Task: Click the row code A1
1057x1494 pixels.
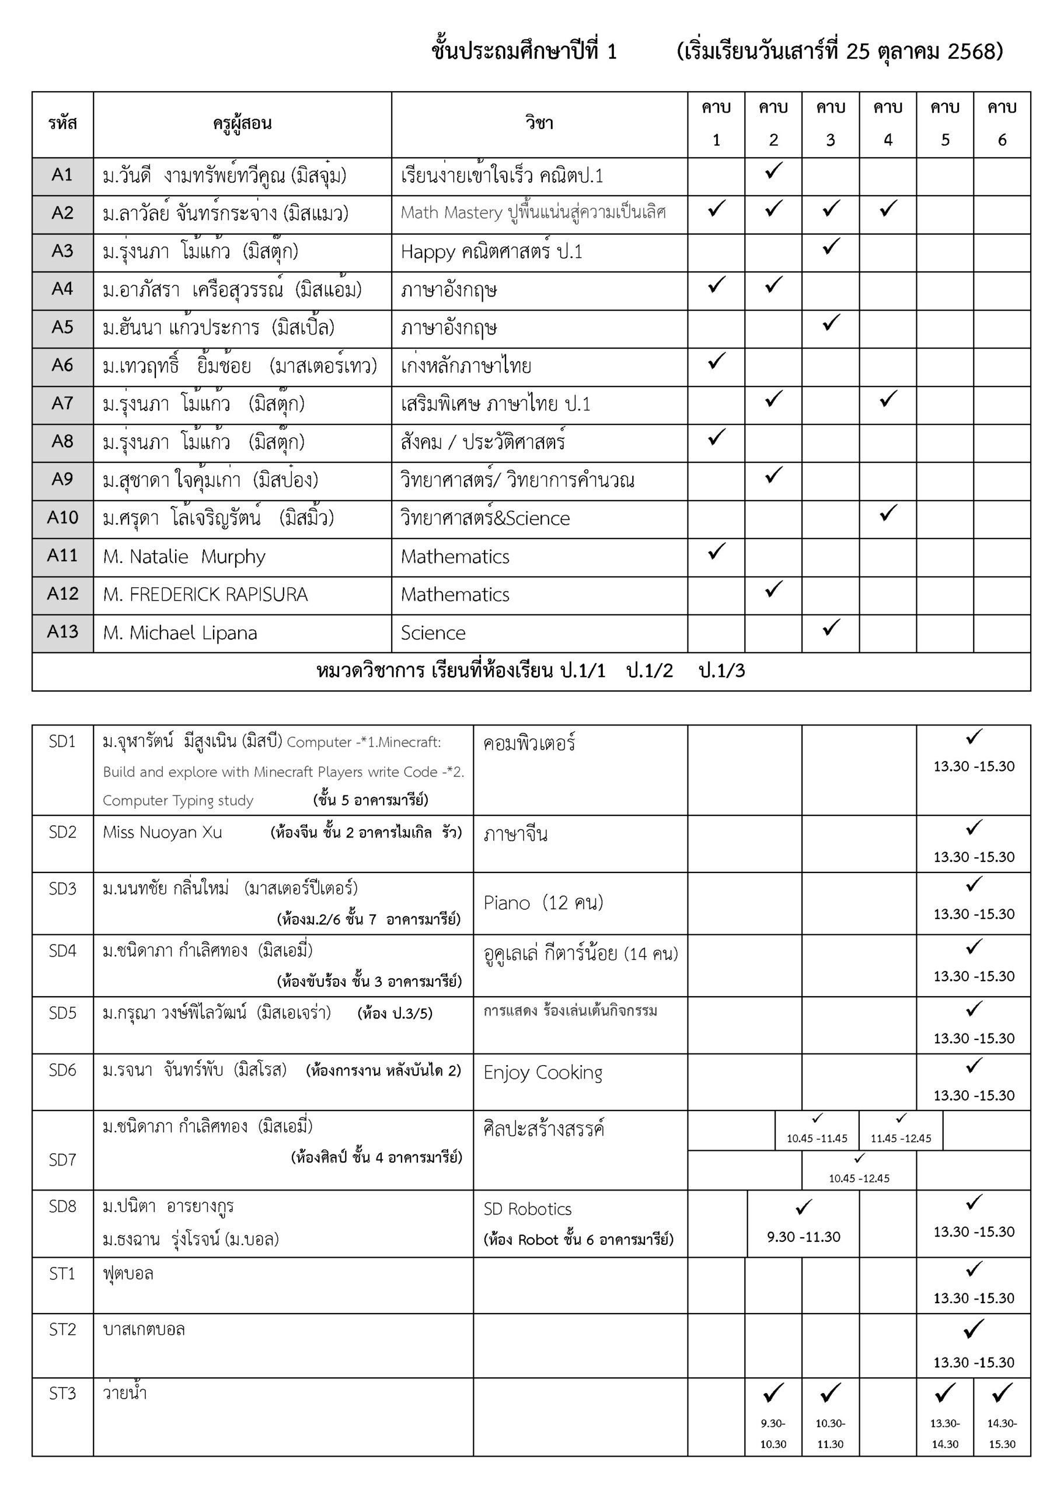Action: click(62, 175)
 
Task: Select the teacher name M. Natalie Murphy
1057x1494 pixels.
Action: click(184, 557)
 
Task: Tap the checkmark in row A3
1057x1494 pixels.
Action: click(831, 247)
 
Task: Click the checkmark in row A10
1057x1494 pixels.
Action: click(888, 514)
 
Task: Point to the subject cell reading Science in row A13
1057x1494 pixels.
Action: click(433, 633)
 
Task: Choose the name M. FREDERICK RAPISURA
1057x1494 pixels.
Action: click(205, 595)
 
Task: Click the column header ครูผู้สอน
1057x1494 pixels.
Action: click(242, 124)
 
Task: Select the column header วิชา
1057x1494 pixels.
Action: click(539, 124)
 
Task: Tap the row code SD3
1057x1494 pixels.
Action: click(62, 889)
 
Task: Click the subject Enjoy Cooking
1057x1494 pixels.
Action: click(543, 1072)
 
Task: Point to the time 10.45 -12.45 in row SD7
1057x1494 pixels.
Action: click(859, 1178)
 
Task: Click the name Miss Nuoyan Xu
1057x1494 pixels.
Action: click(163, 832)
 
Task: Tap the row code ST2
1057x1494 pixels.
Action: click(62, 1329)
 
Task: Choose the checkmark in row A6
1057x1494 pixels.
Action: click(716, 361)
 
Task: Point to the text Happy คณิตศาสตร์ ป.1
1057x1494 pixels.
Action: click(491, 252)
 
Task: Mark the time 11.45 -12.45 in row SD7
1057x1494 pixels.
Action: click(901, 1139)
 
